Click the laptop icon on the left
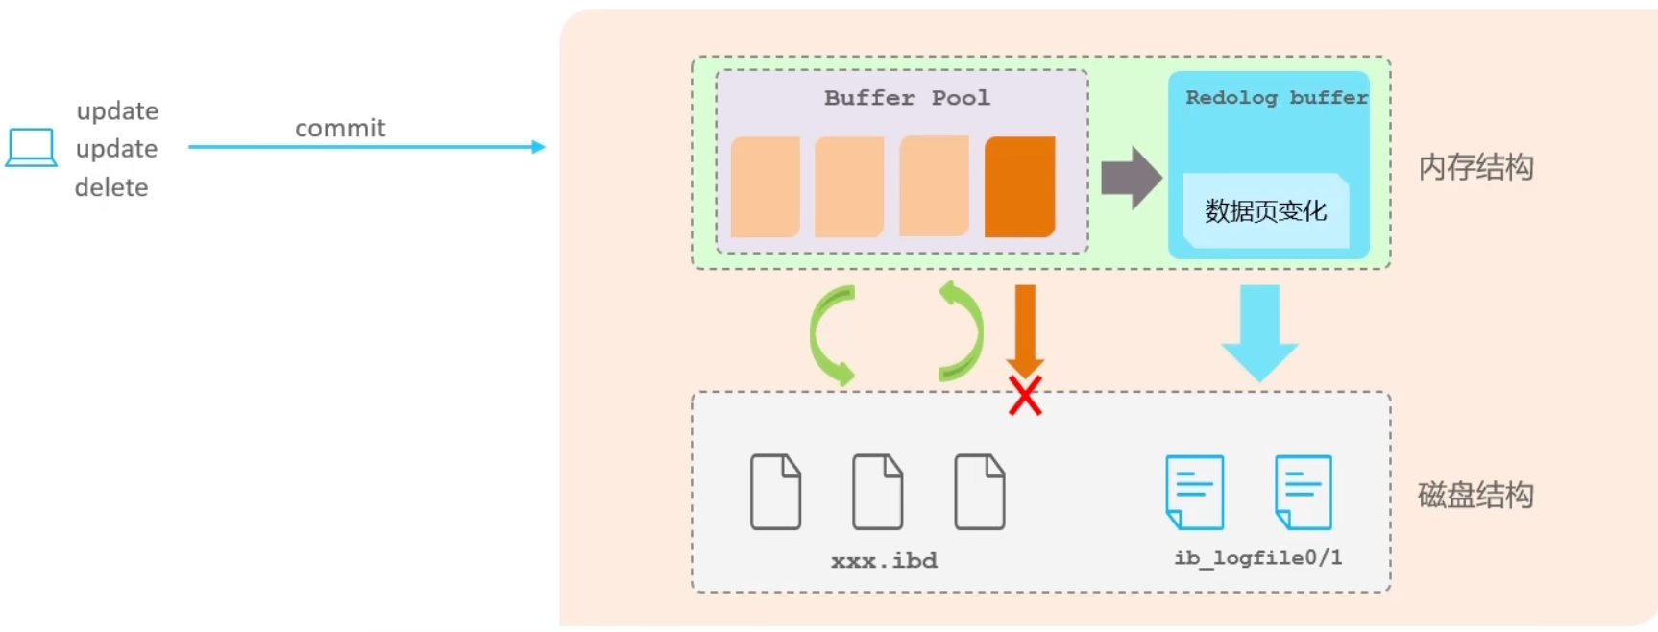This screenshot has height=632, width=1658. (x=31, y=148)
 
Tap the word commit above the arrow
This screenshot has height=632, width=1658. (x=340, y=128)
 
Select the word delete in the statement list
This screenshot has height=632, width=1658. (x=111, y=187)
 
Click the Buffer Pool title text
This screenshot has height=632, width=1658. (x=906, y=98)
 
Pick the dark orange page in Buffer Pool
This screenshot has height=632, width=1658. (x=1019, y=186)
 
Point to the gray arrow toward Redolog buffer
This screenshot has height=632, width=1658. (x=1131, y=178)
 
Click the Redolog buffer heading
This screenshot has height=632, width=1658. (x=1276, y=98)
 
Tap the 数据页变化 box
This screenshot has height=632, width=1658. (x=1265, y=210)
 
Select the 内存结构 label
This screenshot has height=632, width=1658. (x=1475, y=167)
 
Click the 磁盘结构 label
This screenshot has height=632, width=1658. (x=1475, y=495)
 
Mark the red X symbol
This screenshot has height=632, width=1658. (x=1025, y=396)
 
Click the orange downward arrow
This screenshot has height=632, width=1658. (x=1025, y=328)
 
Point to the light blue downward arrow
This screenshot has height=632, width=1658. (x=1259, y=332)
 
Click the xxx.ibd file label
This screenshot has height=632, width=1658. (x=884, y=561)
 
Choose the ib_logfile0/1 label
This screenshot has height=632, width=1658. (x=1257, y=558)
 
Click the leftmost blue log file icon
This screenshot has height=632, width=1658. (x=1194, y=492)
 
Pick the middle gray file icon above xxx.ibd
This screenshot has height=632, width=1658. (x=877, y=492)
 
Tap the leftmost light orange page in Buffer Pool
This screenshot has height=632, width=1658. (x=765, y=186)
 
